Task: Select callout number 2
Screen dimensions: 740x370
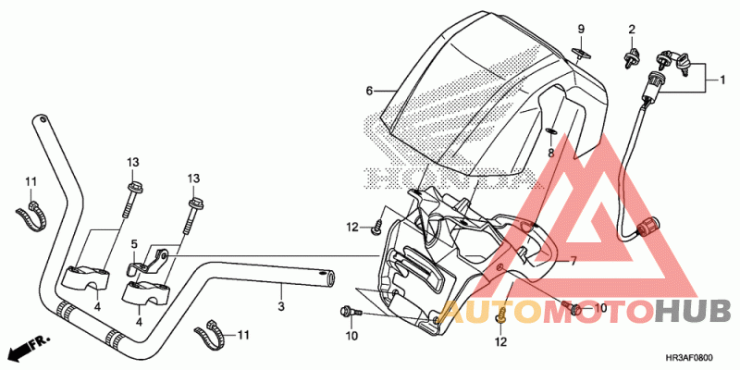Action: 632,30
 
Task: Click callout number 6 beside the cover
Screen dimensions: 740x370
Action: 369,91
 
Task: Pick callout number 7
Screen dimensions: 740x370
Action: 573,262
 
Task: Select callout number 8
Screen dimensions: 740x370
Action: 549,153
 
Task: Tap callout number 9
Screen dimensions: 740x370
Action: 582,30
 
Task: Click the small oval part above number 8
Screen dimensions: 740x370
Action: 549,130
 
